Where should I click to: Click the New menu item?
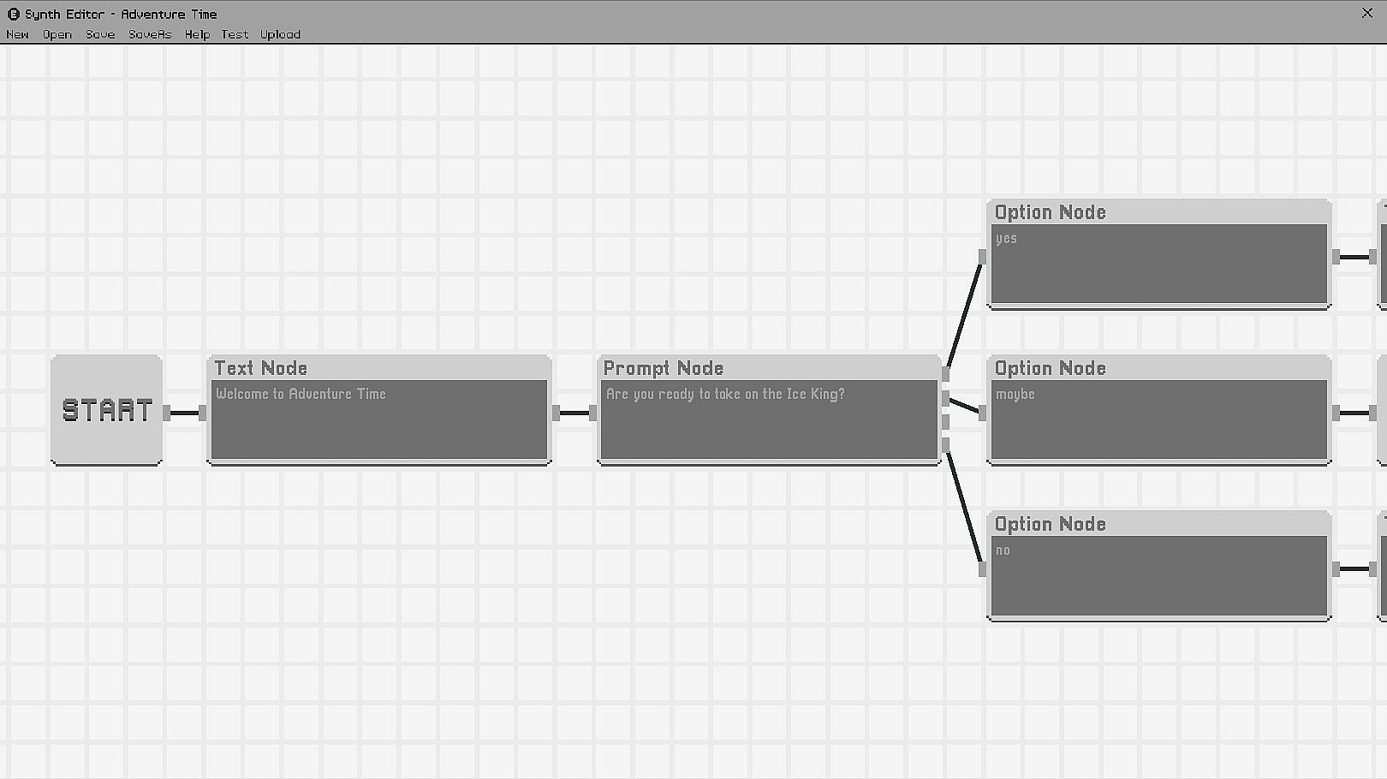[x=17, y=35]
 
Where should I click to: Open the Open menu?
[x=57, y=35]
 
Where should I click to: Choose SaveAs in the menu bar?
[x=150, y=35]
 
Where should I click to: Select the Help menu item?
[x=197, y=35]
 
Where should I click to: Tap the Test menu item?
[x=235, y=35]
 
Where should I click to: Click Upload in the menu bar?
[x=280, y=35]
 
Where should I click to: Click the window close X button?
[x=1367, y=13]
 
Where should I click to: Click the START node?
[x=107, y=411]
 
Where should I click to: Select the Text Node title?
[x=261, y=368]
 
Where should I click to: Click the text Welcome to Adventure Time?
[x=301, y=394]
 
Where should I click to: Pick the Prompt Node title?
[x=664, y=368]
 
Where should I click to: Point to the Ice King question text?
[x=725, y=394]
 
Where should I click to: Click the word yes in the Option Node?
[x=1006, y=239]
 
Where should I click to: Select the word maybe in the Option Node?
[x=1015, y=395]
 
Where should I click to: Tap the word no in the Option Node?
[x=1003, y=550]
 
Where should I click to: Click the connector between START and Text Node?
[x=184, y=413]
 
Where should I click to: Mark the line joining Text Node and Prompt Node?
[x=574, y=413]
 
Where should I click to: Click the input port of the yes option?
[x=982, y=256]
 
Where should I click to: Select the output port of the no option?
[x=1336, y=568]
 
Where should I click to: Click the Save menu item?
[x=100, y=35]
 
